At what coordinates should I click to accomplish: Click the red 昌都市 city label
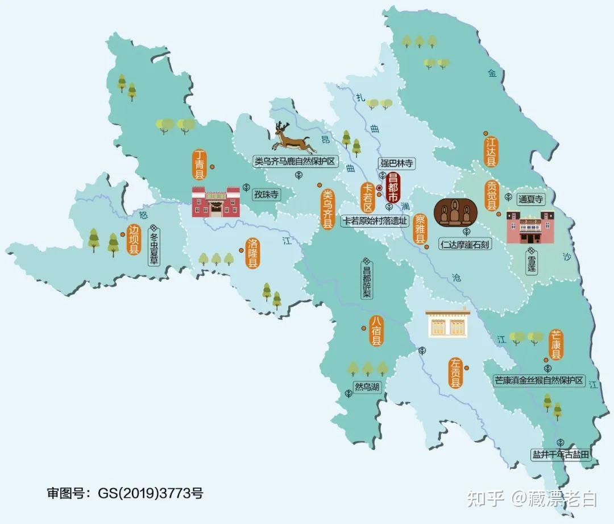pyautogui.click(x=392, y=187)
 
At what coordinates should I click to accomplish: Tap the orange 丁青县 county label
pyautogui.click(x=199, y=165)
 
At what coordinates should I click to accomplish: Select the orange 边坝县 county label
pyautogui.click(x=134, y=240)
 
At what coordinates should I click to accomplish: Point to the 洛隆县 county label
pyautogui.click(x=252, y=253)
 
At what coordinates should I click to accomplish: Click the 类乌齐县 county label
pyautogui.click(x=327, y=209)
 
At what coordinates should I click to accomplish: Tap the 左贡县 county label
pyautogui.click(x=455, y=373)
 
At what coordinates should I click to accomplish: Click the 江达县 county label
pyautogui.click(x=490, y=151)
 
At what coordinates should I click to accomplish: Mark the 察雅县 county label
pyautogui.click(x=420, y=229)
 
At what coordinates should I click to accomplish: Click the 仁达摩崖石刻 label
pyautogui.click(x=466, y=244)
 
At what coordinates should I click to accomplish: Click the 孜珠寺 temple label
pyautogui.click(x=267, y=195)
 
